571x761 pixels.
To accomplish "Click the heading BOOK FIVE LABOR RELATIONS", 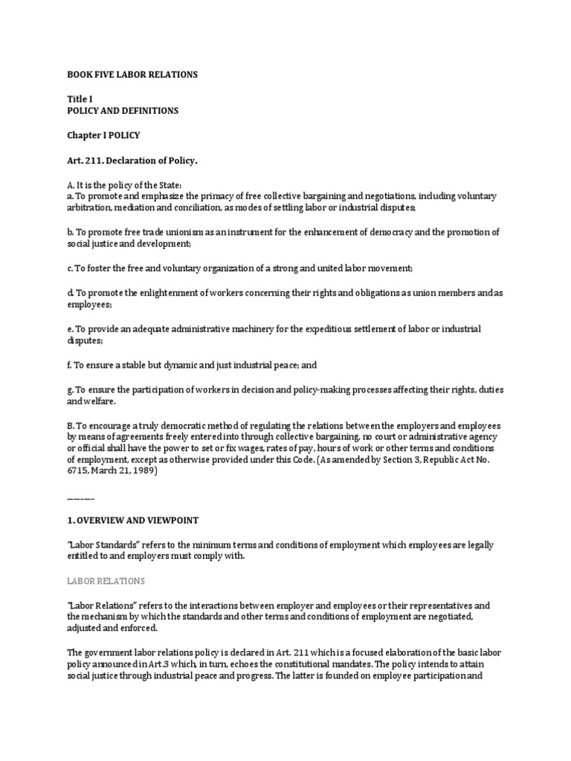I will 132,75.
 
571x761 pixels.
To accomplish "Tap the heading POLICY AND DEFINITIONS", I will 123,111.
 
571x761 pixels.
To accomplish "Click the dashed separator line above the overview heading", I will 80,496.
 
